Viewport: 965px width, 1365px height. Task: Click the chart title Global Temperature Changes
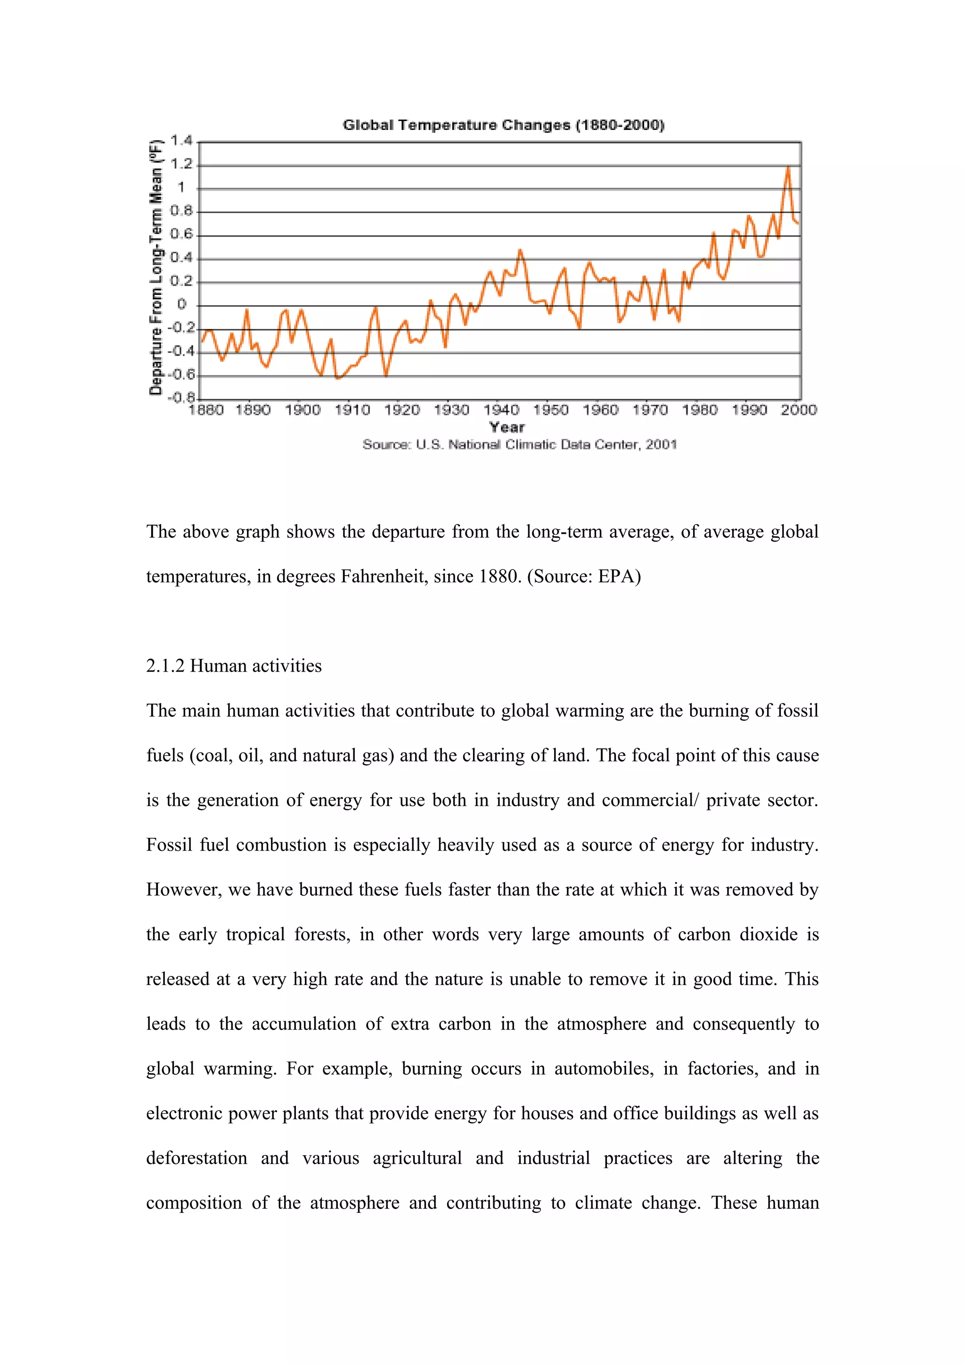[x=503, y=125]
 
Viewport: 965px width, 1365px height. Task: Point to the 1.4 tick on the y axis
[x=181, y=141]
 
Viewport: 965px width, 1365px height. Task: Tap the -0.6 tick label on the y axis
[x=181, y=374]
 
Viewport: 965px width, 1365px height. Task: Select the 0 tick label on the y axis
[x=182, y=305]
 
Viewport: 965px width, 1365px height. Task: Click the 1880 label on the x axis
[x=206, y=410]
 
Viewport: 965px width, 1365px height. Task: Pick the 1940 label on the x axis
[x=501, y=410]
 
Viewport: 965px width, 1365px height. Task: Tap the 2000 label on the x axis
[x=799, y=410]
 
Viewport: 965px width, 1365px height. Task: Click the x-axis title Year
[x=507, y=428]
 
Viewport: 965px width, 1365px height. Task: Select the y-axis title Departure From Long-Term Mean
[x=156, y=268]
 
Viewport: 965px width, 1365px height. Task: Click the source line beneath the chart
[x=520, y=445]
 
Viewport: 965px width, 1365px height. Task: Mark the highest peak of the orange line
[x=788, y=168]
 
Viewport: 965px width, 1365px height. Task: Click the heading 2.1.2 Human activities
[x=234, y=666]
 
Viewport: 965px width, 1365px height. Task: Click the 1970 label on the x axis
[x=650, y=410]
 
